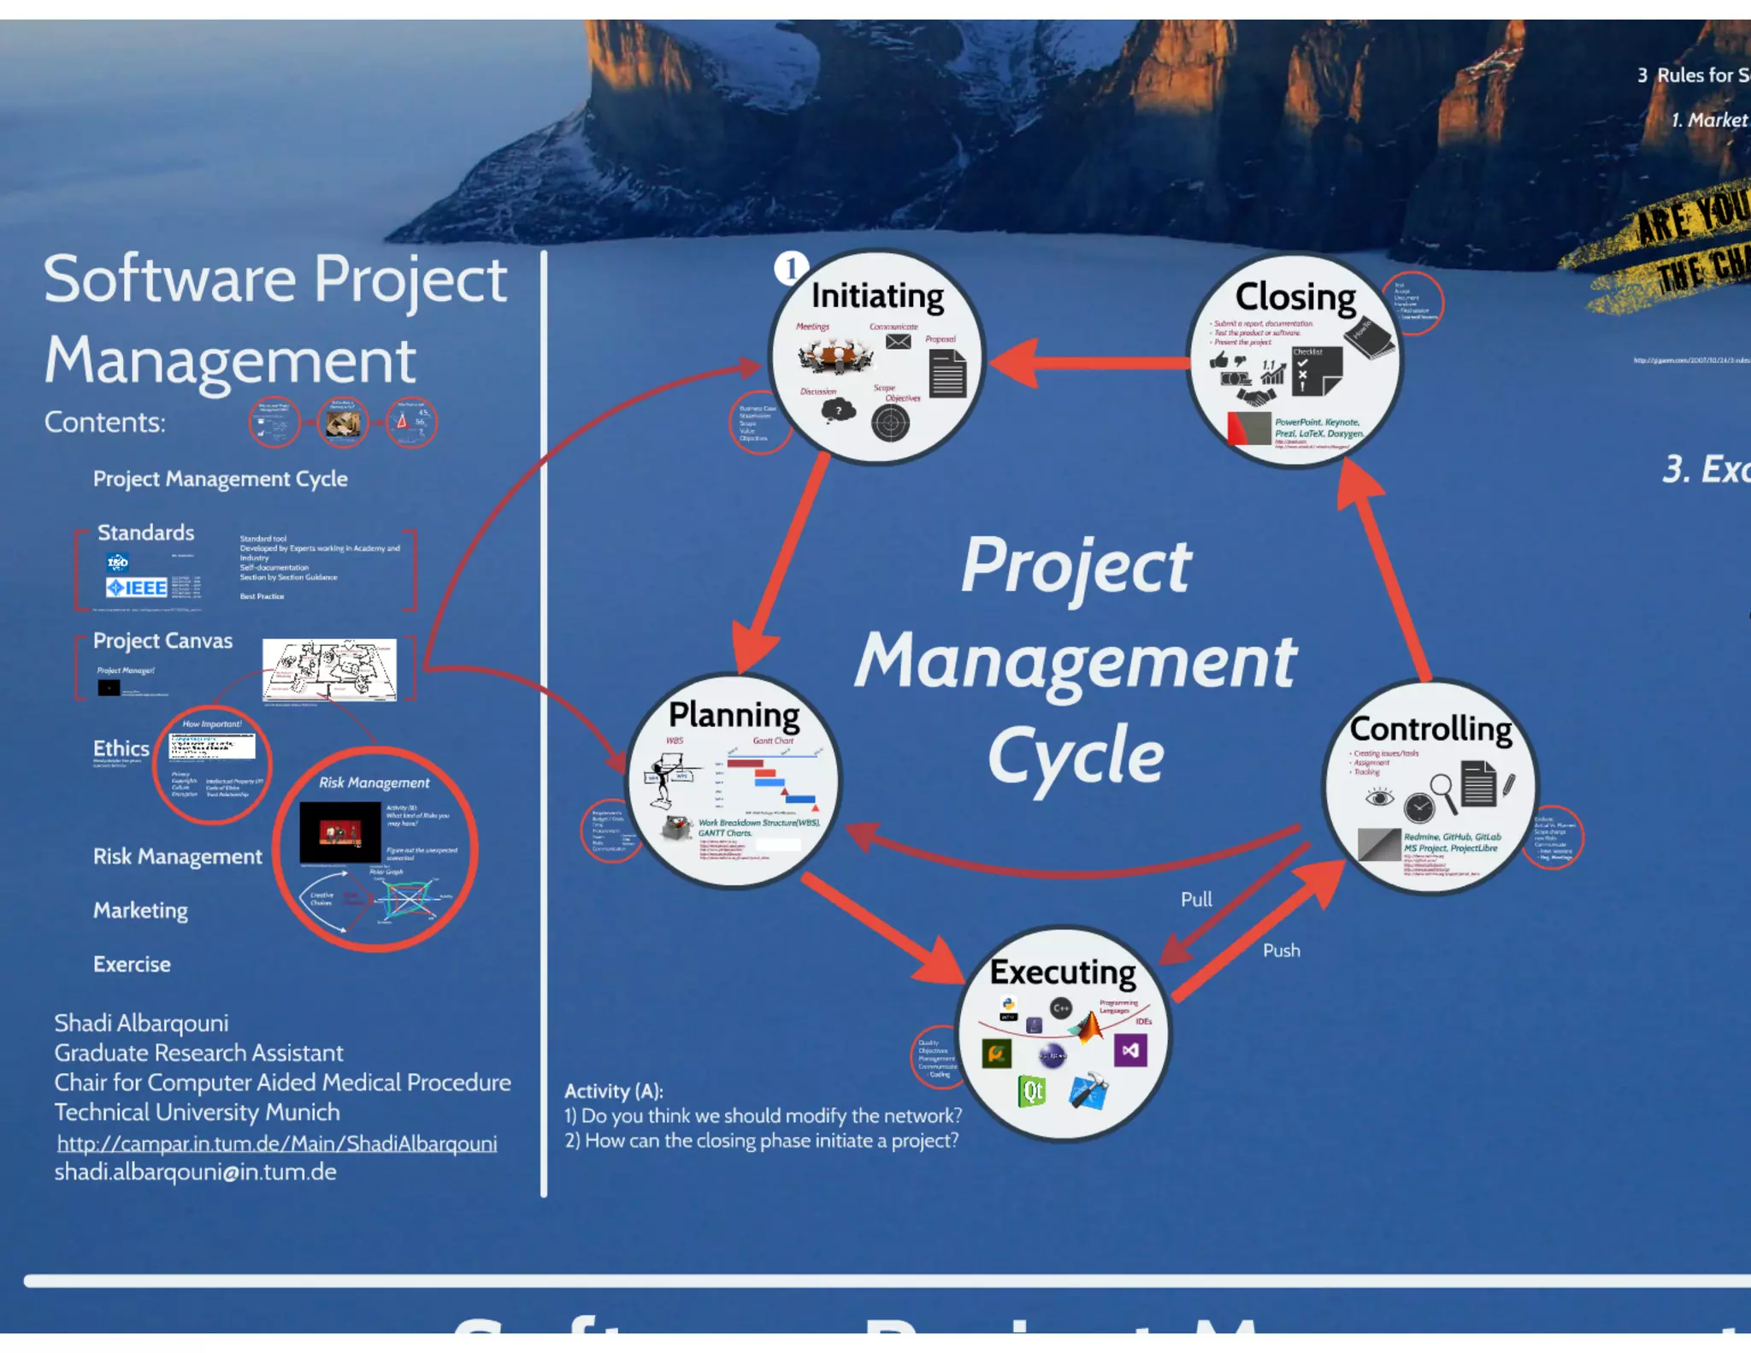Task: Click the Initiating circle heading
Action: coord(877,296)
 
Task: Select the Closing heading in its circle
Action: coord(1295,297)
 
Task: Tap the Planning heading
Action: coord(734,715)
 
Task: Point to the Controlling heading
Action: coord(1430,729)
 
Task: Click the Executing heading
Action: coord(1063,972)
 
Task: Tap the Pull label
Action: coord(1196,900)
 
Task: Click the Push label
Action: coord(1281,951)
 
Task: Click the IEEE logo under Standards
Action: coord(137,588)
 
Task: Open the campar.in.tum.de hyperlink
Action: coord(277,1143)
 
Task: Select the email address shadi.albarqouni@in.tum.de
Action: coord(196,1173)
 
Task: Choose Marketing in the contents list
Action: coord(141,911)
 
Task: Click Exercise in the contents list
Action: coord(132,965)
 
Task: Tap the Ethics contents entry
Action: coord(121,748)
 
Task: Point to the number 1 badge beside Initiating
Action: coord(791,269)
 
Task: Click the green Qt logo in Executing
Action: coord(1033,1091)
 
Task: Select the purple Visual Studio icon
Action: coord(1130,1050)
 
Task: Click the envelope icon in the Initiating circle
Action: coord(898,342)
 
